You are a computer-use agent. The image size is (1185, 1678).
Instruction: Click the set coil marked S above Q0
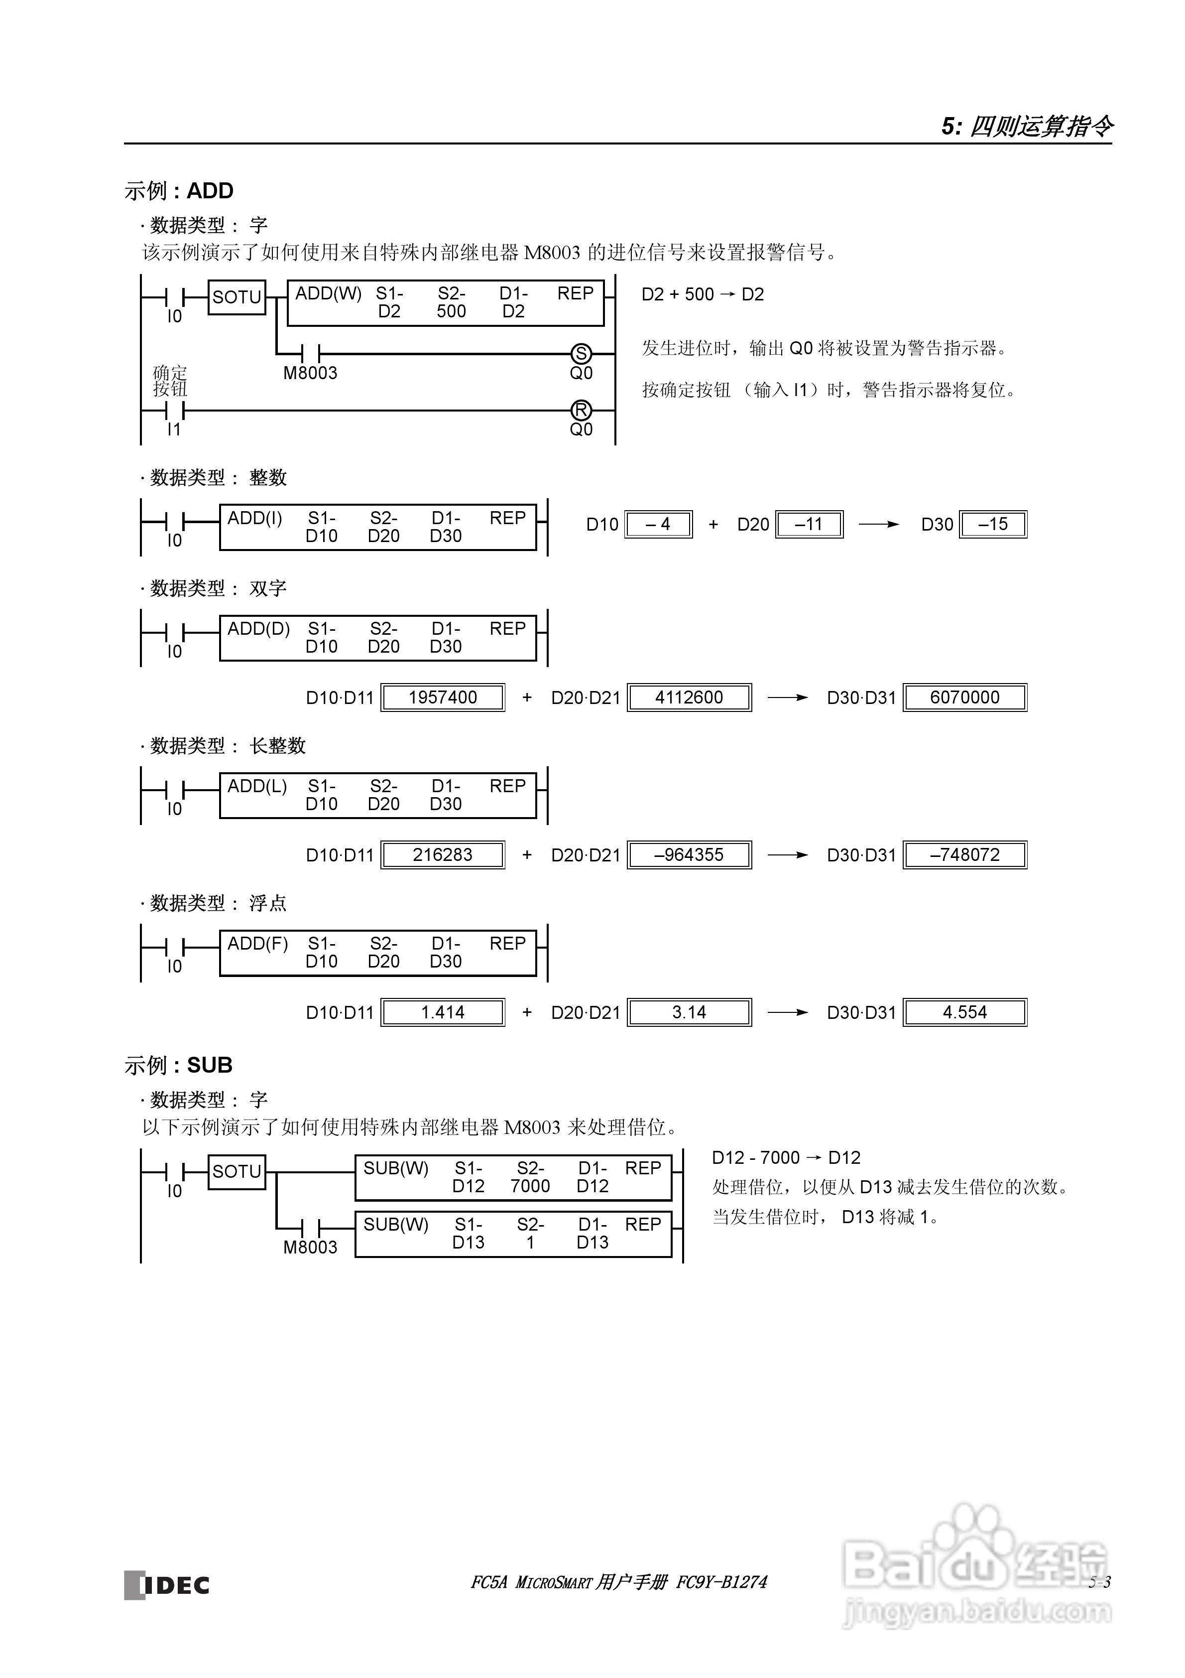point(581,354)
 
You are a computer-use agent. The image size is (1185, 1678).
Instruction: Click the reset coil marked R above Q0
point(581,410)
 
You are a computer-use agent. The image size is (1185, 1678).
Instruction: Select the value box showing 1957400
point(443,697)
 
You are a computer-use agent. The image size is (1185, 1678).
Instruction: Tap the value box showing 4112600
point(689,697)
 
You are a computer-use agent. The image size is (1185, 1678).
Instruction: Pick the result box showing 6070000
point(964,697)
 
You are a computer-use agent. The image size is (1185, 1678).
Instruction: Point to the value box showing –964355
point(689,854)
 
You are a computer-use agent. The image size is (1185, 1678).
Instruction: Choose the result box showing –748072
point(964,854)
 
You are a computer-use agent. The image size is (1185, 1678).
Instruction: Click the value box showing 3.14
point(689,1012)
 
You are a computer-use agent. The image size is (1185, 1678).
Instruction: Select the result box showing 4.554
point(964,1012)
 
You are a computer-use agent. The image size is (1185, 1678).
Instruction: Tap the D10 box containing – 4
point(658,524)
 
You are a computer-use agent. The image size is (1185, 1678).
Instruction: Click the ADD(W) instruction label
point(328,294)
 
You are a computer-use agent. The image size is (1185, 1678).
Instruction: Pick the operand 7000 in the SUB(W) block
point(530,1186)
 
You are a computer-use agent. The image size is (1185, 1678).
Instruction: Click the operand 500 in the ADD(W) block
point(452,311)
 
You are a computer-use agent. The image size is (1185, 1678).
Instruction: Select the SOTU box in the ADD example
point(237,297)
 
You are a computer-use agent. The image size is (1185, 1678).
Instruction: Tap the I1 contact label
point(174,430)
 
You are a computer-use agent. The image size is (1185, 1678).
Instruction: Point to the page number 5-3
point(1099,1582)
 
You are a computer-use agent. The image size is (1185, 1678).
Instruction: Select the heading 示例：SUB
point(178,1065)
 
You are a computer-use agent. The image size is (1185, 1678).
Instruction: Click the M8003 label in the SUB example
point(311,1248)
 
